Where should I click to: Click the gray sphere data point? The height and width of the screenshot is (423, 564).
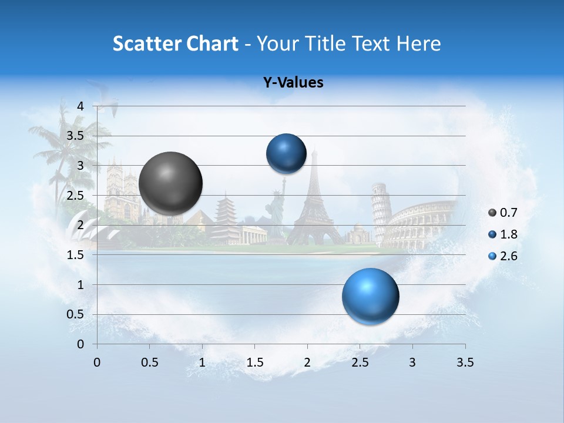pyautogui.click(x=170, y=183)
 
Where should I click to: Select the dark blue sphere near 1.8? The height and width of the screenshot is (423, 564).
pyautogui.click(x=286, y=154)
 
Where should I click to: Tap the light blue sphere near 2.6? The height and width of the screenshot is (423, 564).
pyautogui.click(x=370, y=296)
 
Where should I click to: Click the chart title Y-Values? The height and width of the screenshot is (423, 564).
pyautogui.click(x=293, y=83)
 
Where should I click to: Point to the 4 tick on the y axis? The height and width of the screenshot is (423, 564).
pyautogui.click(x=81, y=106)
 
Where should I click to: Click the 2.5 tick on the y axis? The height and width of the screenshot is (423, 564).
pyautogui.click(x=75, y=196)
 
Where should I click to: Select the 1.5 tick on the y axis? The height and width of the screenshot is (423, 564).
pyautogui.click(x=75, y=255)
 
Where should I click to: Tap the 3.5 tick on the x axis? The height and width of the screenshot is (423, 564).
pyautogui.click(x=465, y=362)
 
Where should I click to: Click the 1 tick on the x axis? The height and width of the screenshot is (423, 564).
pyautogui.click(x=202, y=362)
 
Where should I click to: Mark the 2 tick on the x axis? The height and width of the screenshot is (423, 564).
pyautogui.click(x=307, y=362)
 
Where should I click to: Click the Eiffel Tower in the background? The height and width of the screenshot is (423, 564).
pyautogui.click(x=315, y=203)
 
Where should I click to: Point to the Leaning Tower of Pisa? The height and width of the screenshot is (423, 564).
pyautogui.click(x=380, y=211)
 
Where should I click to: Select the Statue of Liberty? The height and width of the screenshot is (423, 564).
pyautogui.click(x=276, y=211)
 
